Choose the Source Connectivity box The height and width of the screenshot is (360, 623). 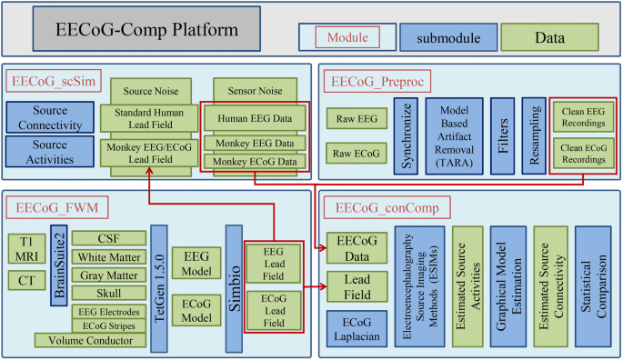pos(50,117)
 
